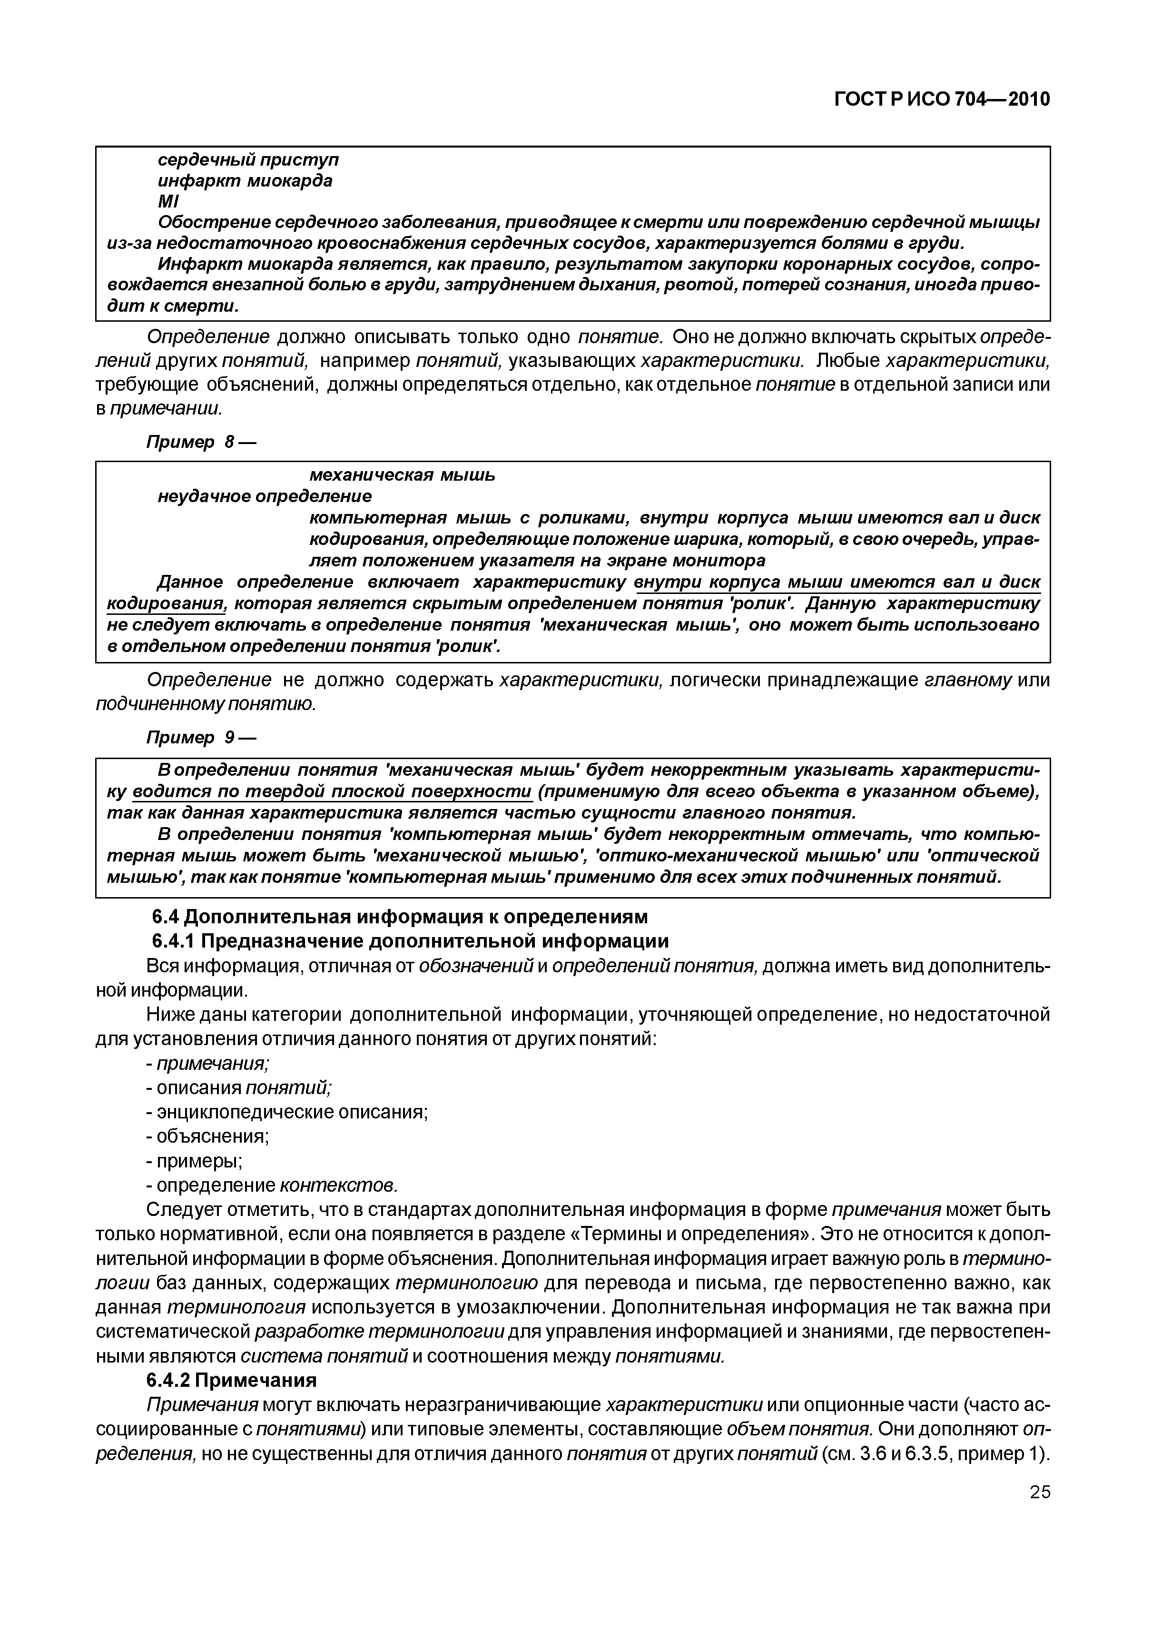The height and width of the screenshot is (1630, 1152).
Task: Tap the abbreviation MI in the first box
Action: [168, 202]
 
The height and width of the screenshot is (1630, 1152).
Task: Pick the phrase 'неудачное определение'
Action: [264, 495]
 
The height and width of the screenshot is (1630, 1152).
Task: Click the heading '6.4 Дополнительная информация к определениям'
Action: [400, 917]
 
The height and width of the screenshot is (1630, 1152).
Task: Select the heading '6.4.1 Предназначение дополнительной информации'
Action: [410, 941]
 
